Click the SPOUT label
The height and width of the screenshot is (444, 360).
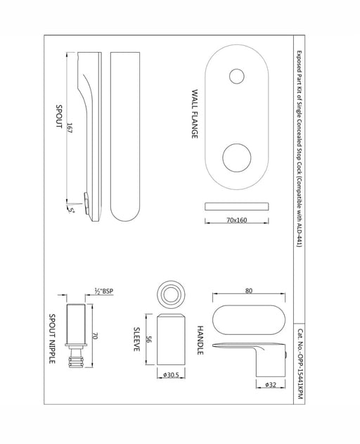click(x=59, y=116)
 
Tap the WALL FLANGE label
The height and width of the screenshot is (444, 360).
click(x=195, y=114)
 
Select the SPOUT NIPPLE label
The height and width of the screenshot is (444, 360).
click(x=52, y=338)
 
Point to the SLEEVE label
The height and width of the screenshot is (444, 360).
click(x=136, y=339)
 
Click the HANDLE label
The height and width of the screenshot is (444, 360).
click(x=200, y=340)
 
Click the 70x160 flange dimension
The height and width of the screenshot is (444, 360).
click(x=237, y=220)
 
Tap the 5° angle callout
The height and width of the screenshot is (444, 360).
click(x=71, y=210)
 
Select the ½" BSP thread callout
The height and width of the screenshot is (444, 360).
click(x=104, y=291)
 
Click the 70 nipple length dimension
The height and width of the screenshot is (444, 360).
click(x=96, y=336)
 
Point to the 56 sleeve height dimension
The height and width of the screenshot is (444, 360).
click(x=149, y=339)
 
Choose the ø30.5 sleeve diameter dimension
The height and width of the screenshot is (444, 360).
click(x=171, y=375)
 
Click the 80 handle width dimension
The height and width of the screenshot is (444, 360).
click(x=249, y=291)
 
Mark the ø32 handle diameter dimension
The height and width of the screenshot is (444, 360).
click(x=271, y=384)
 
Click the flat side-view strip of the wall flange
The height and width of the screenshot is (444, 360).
click(x=237, y=206)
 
